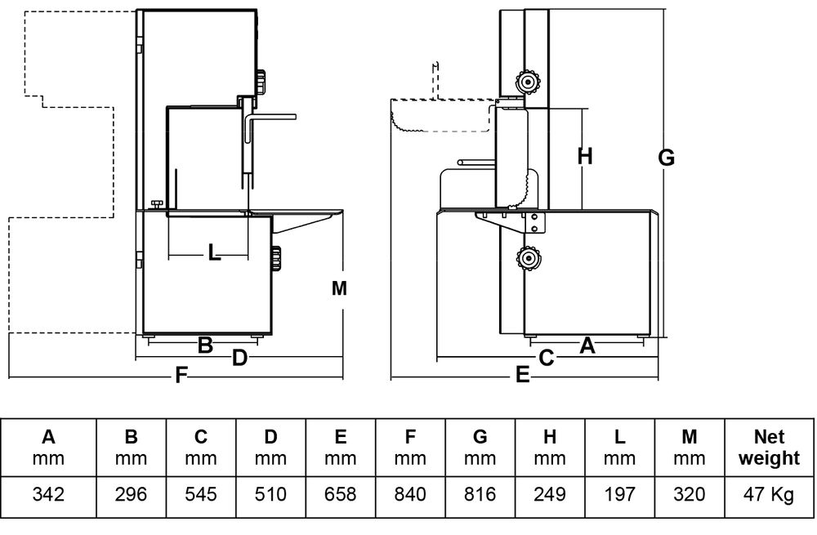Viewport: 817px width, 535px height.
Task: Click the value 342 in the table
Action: tap(49, 494)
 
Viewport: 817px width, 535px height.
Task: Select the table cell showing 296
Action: tap(131, 494)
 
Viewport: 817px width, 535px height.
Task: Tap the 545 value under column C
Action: tap(201, 494)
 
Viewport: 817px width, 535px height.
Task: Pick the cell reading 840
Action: tap(410, 494)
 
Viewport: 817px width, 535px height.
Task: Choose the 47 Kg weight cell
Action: tap(768, 494)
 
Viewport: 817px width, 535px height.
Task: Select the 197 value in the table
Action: tap(619, 494)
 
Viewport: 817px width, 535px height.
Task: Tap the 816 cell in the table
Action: tap(480, 494)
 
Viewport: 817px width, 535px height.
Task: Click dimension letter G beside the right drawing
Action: tap(667, 158)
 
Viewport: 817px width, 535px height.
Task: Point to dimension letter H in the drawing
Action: tap(584, 156)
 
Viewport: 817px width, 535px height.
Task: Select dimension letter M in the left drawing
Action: tap(340, 288)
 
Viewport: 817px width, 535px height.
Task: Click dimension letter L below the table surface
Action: tap(214, 253)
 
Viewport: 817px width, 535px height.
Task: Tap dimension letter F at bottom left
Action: tap(181, 376)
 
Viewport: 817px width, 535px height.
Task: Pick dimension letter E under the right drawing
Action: tap(523, 376)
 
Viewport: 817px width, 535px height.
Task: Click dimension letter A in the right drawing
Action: tap(587, 346)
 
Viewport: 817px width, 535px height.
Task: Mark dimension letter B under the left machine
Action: tap(205, 346)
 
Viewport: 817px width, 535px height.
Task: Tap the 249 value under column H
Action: tap(550, 494)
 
